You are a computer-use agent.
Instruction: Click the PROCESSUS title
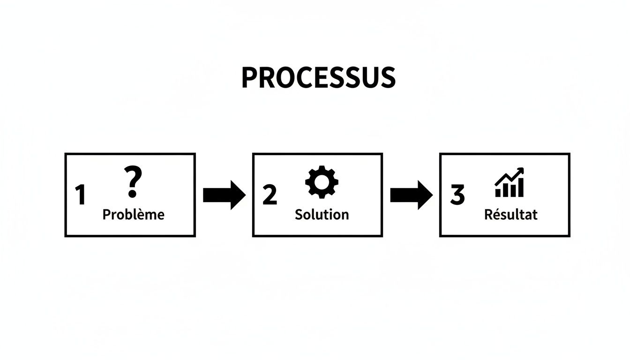pos(318,78)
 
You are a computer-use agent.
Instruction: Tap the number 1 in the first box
pos(81,195)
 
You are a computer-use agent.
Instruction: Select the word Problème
pos(133,215)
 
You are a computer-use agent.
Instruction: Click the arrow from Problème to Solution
pos(224,195)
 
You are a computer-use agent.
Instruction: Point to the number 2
pos(270,195)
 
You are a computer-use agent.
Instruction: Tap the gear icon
pos(322,182)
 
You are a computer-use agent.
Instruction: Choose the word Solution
pos(322,215)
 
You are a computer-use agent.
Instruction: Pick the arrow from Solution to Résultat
pos(411,195)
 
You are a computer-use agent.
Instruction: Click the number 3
pos(457,195)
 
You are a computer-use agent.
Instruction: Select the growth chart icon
pos(510,183)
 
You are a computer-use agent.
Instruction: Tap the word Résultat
pos(510,215)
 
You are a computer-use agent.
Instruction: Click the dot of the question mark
pos(133,194)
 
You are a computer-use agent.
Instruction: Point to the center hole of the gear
pos(322,182)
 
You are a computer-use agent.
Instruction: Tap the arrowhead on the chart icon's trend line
pos(520,172)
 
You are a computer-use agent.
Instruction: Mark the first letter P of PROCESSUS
pos(249,78)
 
